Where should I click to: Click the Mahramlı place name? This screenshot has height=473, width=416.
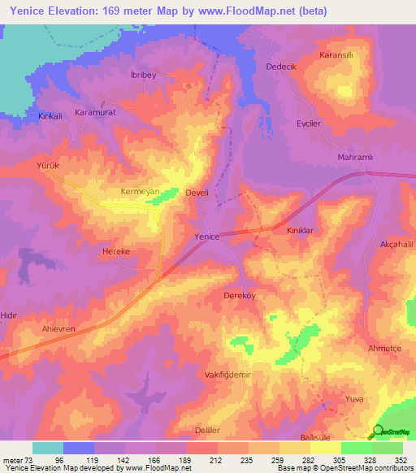click(x=353, y=157)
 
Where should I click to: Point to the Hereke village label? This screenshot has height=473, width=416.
click(x=115, y=252)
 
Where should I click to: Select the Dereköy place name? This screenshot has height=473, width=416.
click(x=240, y=296)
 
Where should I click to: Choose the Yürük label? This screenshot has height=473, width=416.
click(x=49, y=165)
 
